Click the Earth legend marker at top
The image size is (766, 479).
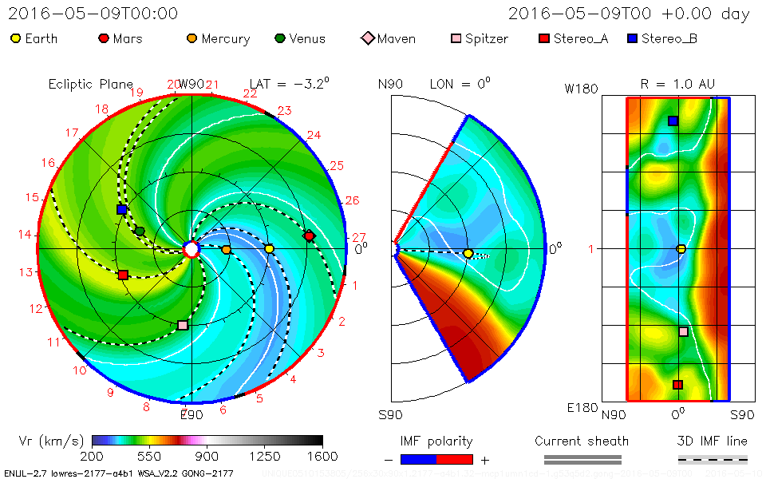(x=16, y=38)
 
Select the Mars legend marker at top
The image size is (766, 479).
(x=103, y=38)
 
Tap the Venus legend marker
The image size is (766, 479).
(x=279, y=38)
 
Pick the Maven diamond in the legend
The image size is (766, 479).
(x=367, y=38)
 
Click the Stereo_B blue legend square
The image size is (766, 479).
(x=631, y=38)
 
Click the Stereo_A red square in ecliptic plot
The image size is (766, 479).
(x=123, y=275)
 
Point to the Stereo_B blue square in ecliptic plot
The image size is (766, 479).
(x=121, y=209)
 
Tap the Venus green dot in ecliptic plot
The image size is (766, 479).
(x=140, y=231)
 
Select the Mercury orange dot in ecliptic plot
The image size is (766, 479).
(x=226, y=250)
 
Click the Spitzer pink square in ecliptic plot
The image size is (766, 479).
(x=183, y=325)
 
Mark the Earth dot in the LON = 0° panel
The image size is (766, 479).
(x=468, y=253)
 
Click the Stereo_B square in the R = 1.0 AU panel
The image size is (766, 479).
(x=673, y=121)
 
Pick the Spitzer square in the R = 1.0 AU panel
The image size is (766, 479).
(x=683, y=331)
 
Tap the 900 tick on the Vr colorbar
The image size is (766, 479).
(x=207, y=457)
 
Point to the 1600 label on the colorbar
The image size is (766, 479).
(x=322, y=457)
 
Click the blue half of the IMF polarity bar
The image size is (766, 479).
(x=418, y=459)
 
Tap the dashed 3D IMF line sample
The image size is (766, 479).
(x=713, y=459)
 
